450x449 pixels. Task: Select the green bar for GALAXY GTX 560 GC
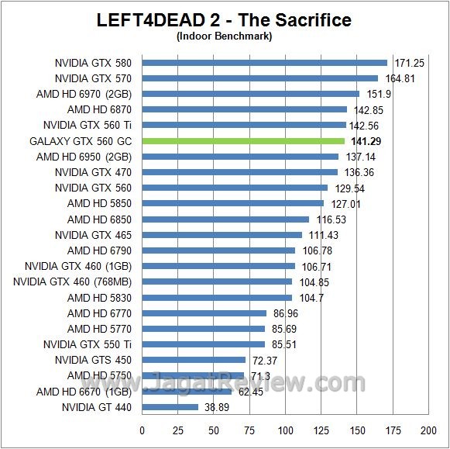pos(242,141)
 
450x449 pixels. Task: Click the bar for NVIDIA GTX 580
pos(264,63)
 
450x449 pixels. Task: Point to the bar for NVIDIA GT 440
pos(170,407)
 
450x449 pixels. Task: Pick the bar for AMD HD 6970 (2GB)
pos(250,94)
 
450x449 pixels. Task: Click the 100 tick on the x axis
pos(286,430)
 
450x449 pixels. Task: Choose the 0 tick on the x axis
pos(143,430)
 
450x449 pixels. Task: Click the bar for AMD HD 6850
pos(225,219)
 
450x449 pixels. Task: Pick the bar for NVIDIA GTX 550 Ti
pos(203,344)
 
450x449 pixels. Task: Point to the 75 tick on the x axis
pos(249,430)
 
